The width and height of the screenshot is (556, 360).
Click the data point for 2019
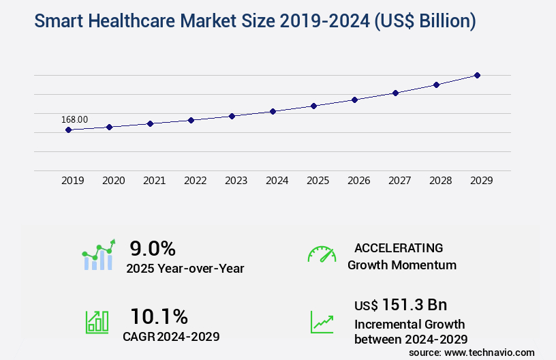pos(69,130)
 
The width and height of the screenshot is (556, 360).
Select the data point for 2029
pos(477,75)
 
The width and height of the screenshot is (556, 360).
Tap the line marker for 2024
pos(273,111)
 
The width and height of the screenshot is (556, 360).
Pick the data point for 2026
pos(354,100)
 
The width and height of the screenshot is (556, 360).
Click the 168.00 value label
pos(75,119)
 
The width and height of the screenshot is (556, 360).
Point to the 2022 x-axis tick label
pos(195,181)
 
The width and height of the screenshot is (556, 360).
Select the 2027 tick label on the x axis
pos(399,181)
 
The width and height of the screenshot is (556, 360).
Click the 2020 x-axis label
pos(113,181)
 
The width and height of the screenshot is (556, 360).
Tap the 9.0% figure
pos(153,247)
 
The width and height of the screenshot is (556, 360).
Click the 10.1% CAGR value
pos(159,316)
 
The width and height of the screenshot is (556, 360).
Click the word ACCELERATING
pos(399,248)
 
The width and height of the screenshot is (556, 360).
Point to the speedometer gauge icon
pos(322,254)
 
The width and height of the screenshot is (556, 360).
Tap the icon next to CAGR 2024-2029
pos(97,322)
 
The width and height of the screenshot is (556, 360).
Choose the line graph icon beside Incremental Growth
pos(322,322)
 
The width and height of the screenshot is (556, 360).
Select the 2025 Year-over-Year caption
pos(185,269)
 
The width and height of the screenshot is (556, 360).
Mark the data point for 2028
pos(436,85)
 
